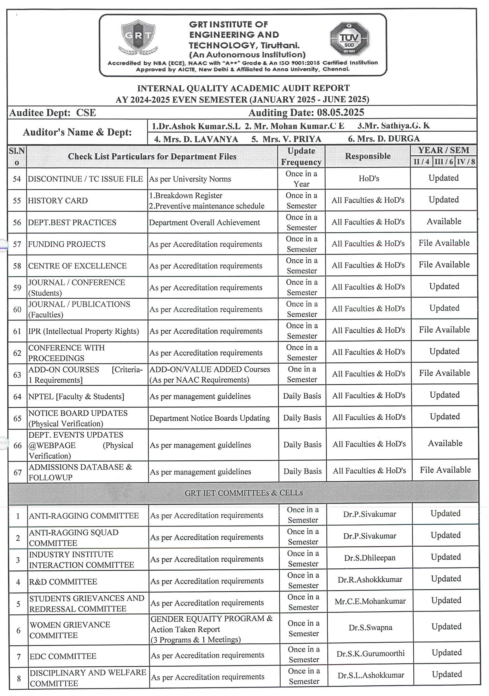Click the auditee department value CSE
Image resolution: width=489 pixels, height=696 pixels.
click(x=86, y=113)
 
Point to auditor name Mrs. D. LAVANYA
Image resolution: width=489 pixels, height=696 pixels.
click(x=196, y=139)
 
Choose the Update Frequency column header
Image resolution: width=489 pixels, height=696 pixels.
click(x=301, y=156)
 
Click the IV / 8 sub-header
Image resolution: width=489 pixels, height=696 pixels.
click(x=466, y=162)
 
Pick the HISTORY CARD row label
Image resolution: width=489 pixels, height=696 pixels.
click(x=58, y=201)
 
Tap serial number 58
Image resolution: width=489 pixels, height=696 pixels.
click(x=17, y=266)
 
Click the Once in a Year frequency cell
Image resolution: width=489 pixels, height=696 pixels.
click(x=301, y=179)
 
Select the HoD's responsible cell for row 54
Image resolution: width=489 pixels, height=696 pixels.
click(x=369, y=179)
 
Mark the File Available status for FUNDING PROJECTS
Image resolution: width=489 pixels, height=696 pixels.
click(x=444, y=243)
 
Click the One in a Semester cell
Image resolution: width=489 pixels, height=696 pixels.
click(x=302, y=374)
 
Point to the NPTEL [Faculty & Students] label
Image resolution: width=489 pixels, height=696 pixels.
click(x=76, y=396)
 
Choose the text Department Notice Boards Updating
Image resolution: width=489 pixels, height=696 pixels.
click(x=210, y=418)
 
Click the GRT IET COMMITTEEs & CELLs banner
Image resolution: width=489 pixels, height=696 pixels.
click(x=243, y=493)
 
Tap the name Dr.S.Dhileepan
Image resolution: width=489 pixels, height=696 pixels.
click(x=370, y=558)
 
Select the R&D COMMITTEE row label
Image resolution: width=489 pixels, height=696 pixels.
click(x=63, y=582)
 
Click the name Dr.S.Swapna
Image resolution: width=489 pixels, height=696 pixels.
click(x=370, y=628)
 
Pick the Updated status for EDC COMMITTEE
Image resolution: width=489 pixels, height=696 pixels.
click(x=446, y=653)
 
